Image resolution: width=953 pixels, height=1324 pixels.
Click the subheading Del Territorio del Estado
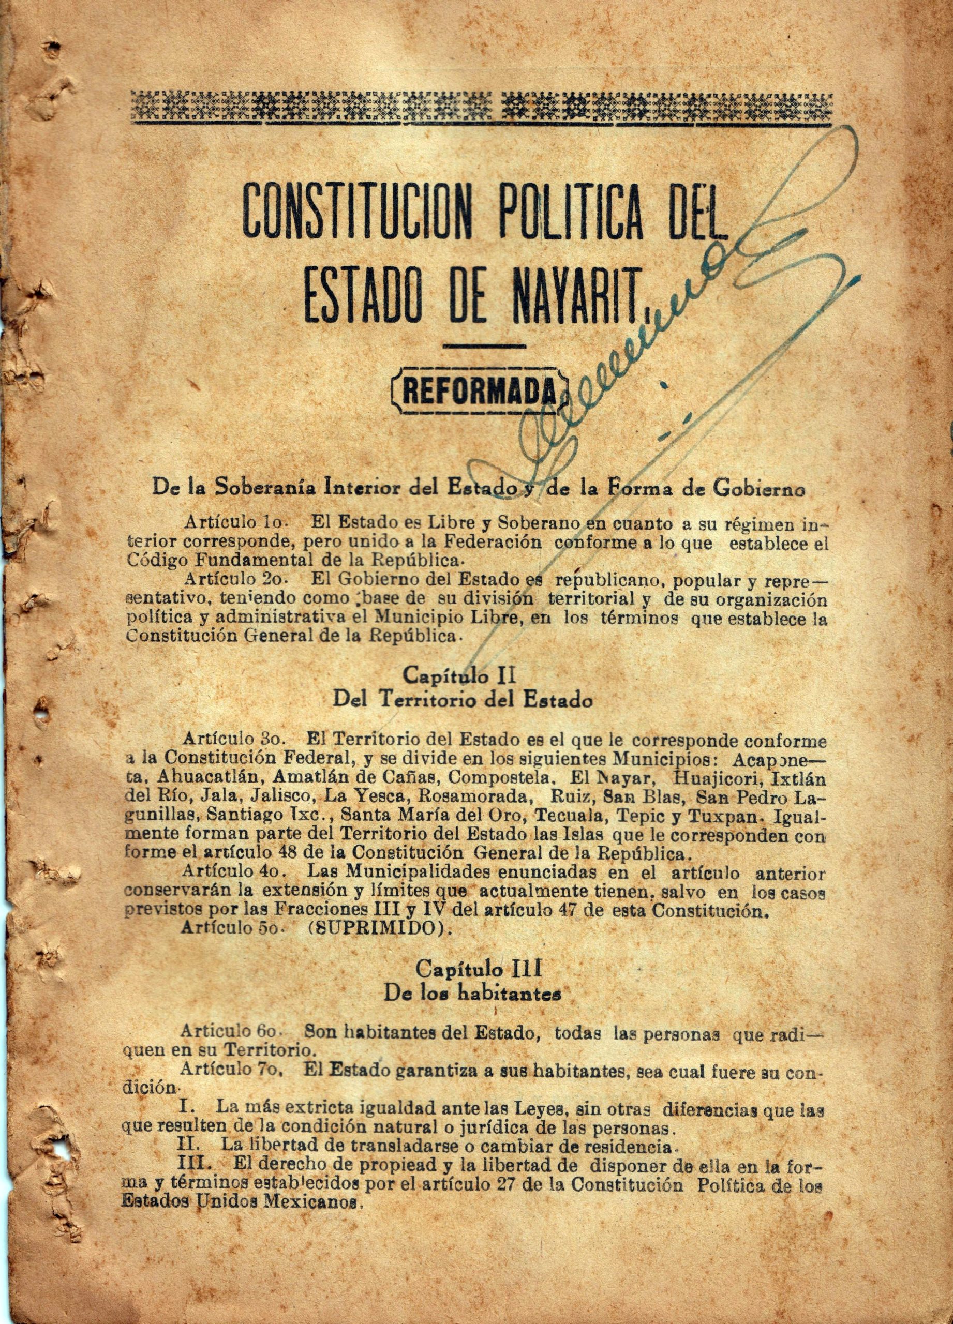coord(463,700)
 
